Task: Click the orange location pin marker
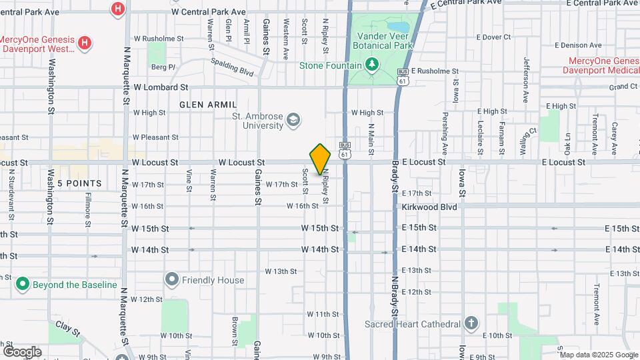click(321, 159)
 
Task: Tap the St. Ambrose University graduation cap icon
click(292, 121)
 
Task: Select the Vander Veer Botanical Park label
click(385, 41)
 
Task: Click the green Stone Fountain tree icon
click(372, 65)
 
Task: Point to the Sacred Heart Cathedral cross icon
click(471, 324)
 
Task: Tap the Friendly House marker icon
click(173, 280)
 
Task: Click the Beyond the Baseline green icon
click(23, 285)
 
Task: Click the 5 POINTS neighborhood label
click(79, 183)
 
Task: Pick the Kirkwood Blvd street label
click(429, 207)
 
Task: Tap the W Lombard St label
click(161, 87)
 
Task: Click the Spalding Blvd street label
click(234, 65)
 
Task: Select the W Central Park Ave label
click(209, 12)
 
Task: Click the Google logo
click(23, 351)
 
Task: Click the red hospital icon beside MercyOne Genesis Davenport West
click(85, 43)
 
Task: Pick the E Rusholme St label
click(436, 71)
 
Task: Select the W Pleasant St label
click(155, 137)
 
